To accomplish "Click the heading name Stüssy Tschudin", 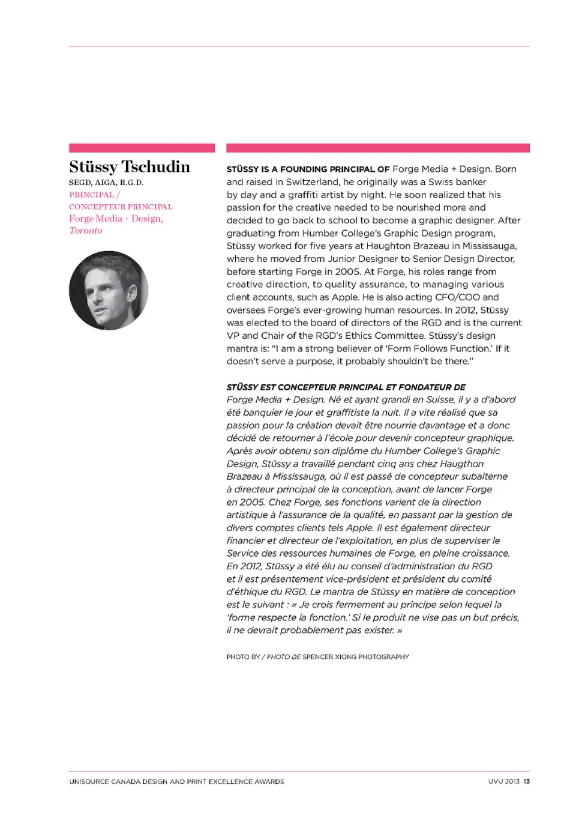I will pyautogui.click(x=129, y=167).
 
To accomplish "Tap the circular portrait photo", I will pyautogui.click(x=109, y=290).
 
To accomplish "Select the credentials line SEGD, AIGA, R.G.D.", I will pyautogui.click(x=106, y=183).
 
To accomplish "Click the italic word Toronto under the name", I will pyautogui.click(x=85, y=231).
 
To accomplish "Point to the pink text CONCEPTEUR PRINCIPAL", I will pyautogui.click(x=121, y=207).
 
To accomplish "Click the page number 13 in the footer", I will pyautogui.click(x=526, y=781).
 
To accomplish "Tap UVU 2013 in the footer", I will pyautogui.click(x=503, y=781).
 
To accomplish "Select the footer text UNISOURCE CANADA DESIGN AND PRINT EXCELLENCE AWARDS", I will pyautogui.click(x=176, y=781).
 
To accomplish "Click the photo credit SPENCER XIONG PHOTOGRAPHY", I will pyautogui.click(x=356, y=657).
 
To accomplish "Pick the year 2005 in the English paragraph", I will pyautogui.click(x=348, y=271).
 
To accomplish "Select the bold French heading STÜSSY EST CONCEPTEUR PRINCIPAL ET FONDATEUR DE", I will pyautogui.click(x=346, y=387).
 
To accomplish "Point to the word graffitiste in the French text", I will pyautogui.click(x=340, y=413).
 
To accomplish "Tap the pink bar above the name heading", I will pyautogui.click(x=142, y=148).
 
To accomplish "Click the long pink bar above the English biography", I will pyautogui.click(x=378, y=148).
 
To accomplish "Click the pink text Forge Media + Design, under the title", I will pyautogui.click(x=116, y=219).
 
